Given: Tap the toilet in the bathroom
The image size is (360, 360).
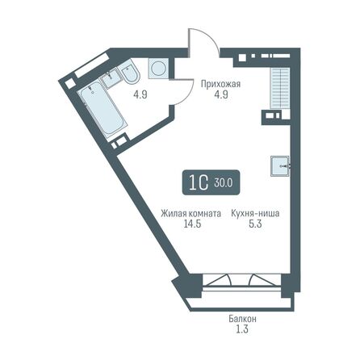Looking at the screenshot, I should click(132, 76).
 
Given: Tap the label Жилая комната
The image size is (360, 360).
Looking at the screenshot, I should click(190, 214).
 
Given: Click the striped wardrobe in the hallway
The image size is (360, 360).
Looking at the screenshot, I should click(280, 84).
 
